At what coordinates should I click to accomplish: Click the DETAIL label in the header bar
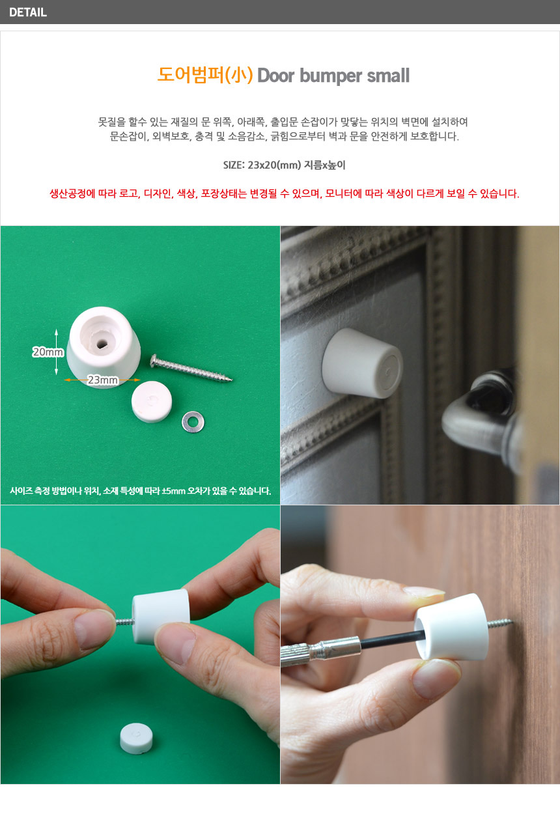tap(28, 12)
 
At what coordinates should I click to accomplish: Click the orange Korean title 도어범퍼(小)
tap(205, 76)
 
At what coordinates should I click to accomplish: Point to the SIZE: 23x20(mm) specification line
tap(285, 165)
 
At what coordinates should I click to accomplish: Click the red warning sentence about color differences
tap(285, 193)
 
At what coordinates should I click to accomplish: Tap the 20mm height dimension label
tap(48, 352)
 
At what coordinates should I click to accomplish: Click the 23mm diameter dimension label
tap(103, 380)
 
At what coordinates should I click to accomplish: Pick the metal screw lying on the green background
tap(191, 368)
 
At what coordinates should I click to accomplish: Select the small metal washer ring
tap(193, 422)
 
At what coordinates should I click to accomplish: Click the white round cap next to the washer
tap(152, 402)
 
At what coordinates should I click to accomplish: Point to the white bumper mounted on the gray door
tap(363, 363)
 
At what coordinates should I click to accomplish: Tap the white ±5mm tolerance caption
tap(140, 490)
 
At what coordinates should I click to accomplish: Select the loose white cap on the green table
tap(136, 738)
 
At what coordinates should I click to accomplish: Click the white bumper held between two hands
tap(161, 617)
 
